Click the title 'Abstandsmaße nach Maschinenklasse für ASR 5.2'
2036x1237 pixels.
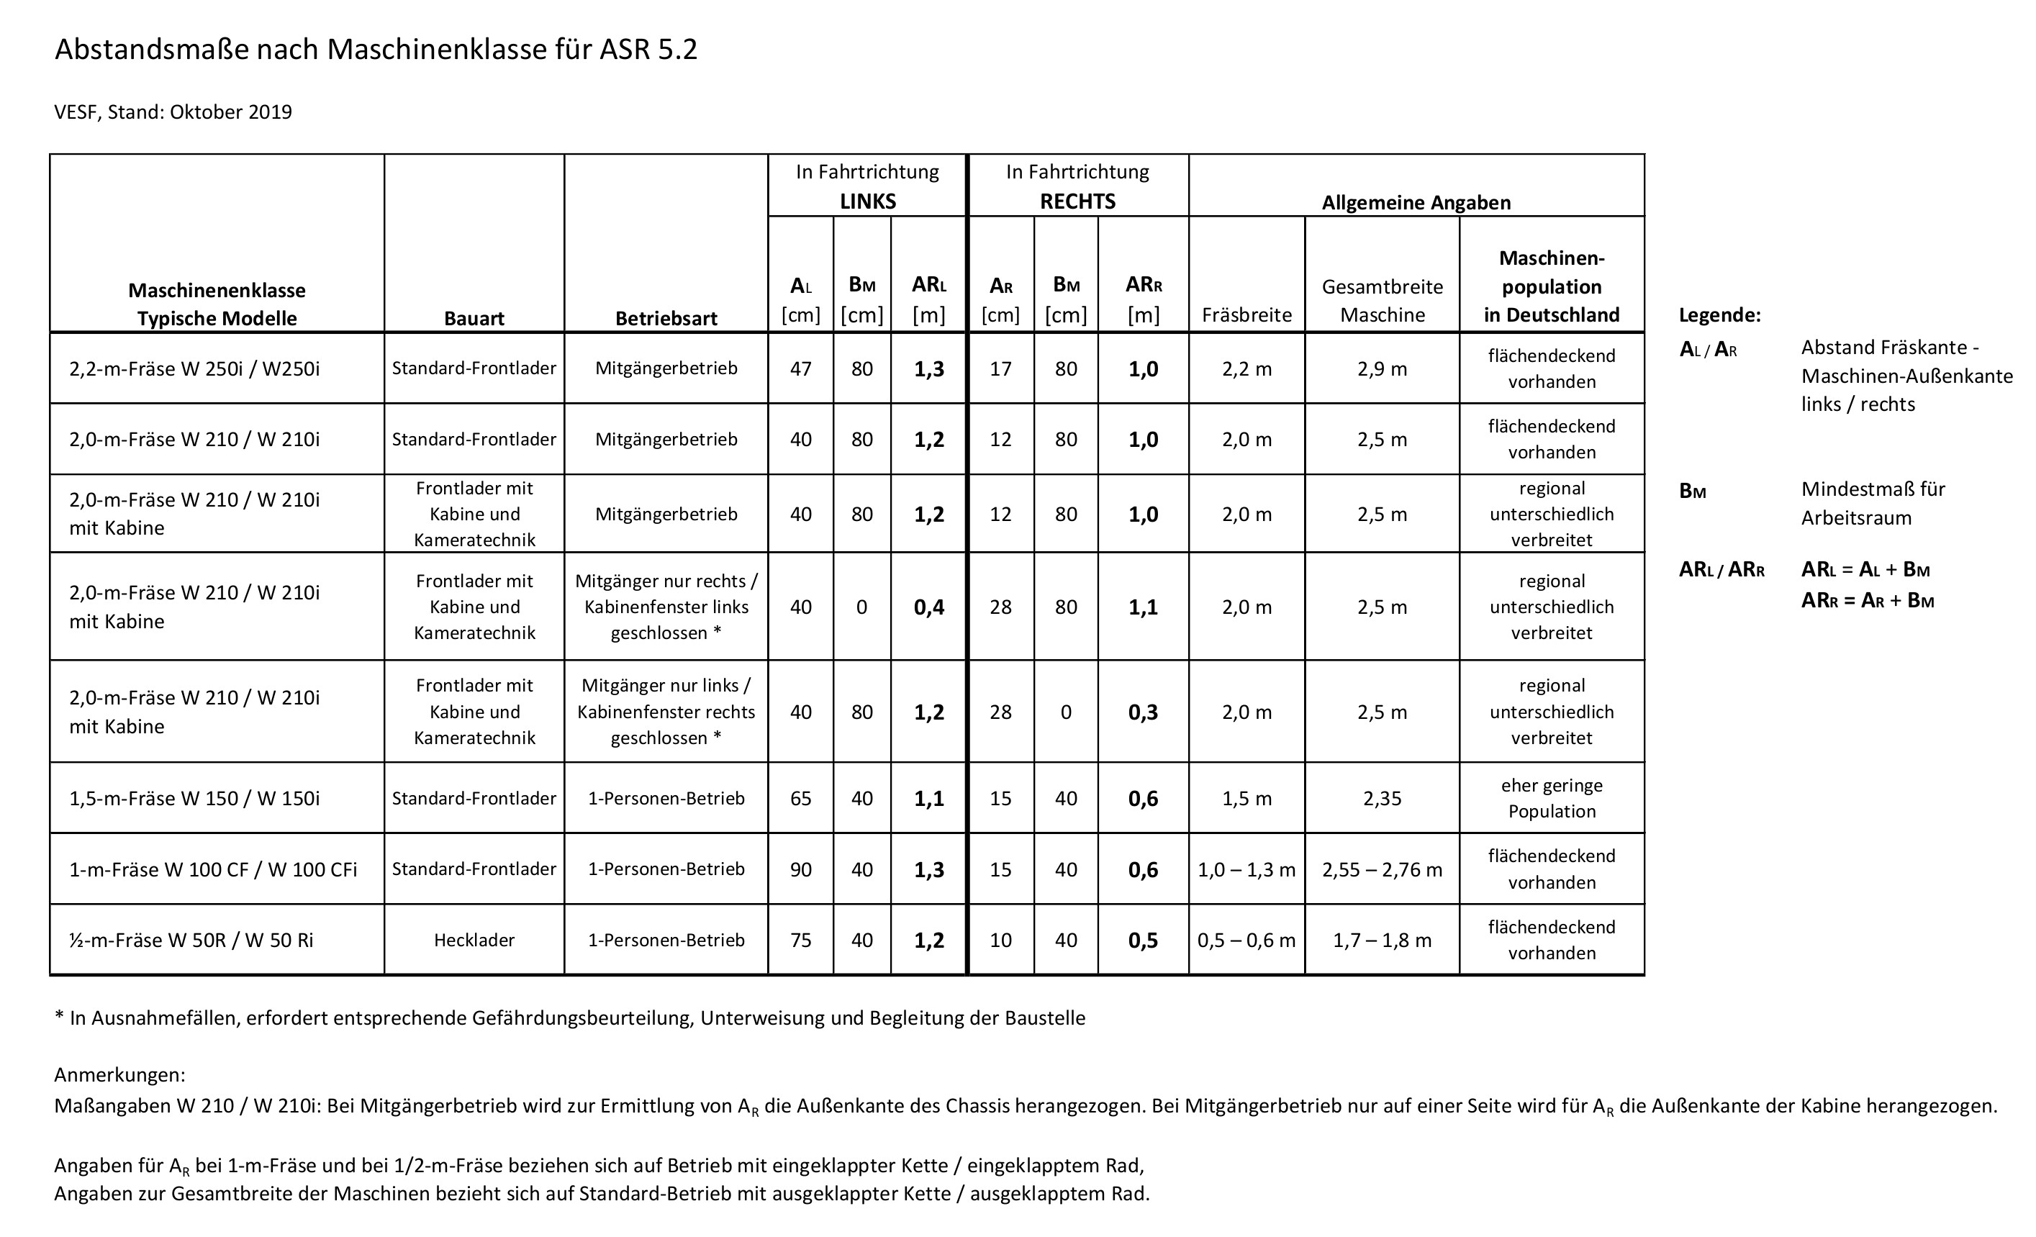point(376,50)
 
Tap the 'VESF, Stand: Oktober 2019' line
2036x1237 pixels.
point(173,112)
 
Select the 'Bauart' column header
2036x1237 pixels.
point(474,318)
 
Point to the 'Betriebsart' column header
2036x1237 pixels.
point(666,318)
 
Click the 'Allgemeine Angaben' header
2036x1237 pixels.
point(1416,202)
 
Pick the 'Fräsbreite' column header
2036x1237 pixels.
point(1246,315)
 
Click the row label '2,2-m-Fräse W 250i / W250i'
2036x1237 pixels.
point(194,368)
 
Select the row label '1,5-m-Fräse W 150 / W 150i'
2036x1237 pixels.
point(194,798)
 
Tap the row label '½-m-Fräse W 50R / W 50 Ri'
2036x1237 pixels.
point(191,941)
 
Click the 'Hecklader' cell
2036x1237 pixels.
point(474,941)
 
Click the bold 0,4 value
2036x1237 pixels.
point(929,607)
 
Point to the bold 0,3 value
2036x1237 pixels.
point(1143,712)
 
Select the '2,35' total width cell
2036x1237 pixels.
point(1382,798)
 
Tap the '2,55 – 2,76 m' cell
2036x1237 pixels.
point(1382,869)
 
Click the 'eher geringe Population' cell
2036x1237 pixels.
point(1551,798)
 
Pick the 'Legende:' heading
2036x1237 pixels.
point(1719,315)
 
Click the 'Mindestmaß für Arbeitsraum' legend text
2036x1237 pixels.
point(1873,503)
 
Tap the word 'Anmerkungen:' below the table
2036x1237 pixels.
point(119,1075)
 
